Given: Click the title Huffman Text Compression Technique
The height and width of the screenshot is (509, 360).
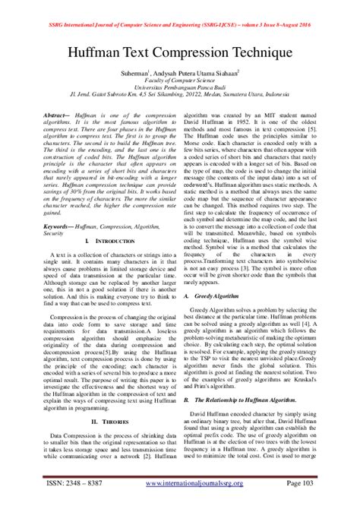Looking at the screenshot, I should coord(180,55).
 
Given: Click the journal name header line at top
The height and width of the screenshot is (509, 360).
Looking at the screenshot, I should coord(179,7).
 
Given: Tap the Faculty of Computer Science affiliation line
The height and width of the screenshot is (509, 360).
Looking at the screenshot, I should coord(180,83).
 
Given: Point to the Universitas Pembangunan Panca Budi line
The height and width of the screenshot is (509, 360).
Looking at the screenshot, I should coord(180,90).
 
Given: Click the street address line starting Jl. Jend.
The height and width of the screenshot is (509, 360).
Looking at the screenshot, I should coord(180,98).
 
